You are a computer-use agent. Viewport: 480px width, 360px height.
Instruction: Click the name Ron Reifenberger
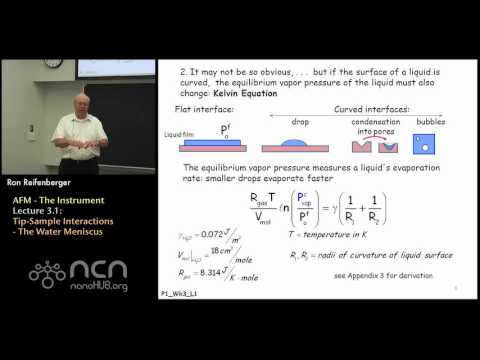pyautogui.click(x=37, y=182)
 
